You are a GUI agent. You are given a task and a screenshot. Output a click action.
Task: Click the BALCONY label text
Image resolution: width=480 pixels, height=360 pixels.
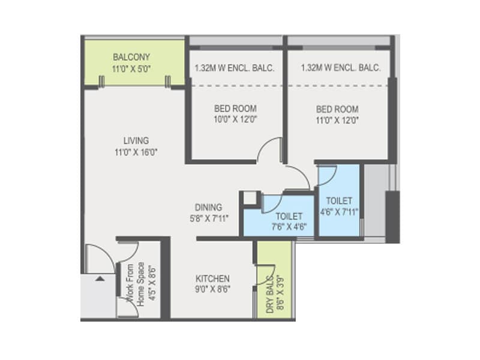pyautogui.click(x=131, y=57)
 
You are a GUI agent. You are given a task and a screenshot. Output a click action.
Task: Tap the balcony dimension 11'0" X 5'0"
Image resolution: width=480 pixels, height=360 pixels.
pyautogui.click(x=131, y=68)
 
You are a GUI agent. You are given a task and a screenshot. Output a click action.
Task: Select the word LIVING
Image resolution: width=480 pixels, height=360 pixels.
pyautogui.click(x=136, y=141)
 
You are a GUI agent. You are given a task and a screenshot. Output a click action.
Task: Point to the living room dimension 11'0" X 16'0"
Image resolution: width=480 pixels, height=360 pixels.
pyautogui.click(x=136, y=152)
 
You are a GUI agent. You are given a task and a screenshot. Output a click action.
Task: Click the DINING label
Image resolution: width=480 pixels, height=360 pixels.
pyautogui.click(x=208, y=207)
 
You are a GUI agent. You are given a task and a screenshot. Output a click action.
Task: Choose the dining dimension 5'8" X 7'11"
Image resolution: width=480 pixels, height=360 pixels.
pyautogui.click(x=209, y=218)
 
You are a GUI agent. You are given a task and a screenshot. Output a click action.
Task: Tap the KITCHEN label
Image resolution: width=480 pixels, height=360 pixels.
pyautogui.click(x=212, y=278)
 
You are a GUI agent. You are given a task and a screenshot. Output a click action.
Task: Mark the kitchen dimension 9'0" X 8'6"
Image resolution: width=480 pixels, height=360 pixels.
pyautogui.click(x=213, y=289)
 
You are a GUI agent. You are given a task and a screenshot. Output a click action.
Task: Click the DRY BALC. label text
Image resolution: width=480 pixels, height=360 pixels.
pyautogui.click(x=269, y=295)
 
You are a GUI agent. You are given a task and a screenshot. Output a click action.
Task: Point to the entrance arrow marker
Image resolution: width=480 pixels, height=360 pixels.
pyautogui.click(x=100, y=278)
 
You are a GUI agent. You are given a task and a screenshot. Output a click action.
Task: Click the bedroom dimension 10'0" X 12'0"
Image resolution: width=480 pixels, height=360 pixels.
pyautogui.click(x=235, y=119)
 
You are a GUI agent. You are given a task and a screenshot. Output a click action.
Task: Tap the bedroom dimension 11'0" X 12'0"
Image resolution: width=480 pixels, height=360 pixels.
pyautogui.click(x=337, y=120)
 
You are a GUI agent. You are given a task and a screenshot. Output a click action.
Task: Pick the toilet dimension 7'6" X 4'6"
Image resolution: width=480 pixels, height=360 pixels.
pyautogui.click(x=289, y=227)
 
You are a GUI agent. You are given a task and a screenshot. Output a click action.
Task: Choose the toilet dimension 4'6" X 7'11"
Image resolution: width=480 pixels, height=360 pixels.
pyautogui.click(x=339, y=212)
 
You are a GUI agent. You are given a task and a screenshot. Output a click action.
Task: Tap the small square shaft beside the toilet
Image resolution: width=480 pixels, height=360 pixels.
pyautogui.click(x=250, y=198)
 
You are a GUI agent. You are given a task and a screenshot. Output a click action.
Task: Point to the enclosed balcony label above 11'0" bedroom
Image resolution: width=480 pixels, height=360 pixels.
pyautogui.click(x=341, y=68)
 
